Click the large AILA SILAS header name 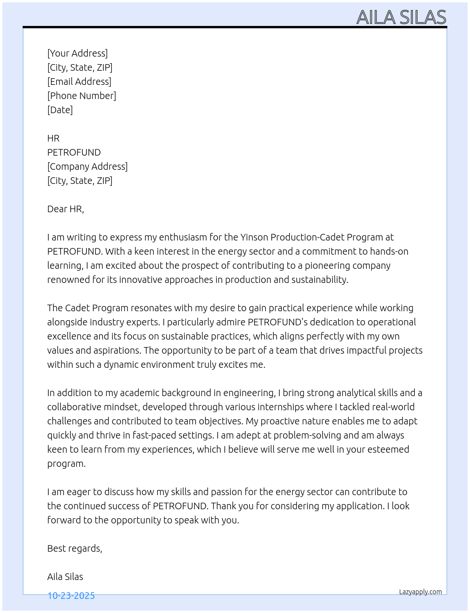click(401, 17)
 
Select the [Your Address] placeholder click(77, 53)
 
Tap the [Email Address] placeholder click(79, 82)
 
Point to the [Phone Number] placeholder click(82, 96)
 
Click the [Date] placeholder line click(60, 110)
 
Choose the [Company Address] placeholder click(87, 166)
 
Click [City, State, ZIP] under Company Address click(80, 181)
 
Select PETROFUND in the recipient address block click(74, 152)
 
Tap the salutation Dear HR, click(66, 209)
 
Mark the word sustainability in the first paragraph click(319, 280)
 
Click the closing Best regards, click(75, 548)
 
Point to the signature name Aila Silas click(65, 577)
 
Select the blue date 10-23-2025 click(71, 596)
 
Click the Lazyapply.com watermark click(420, 592)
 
